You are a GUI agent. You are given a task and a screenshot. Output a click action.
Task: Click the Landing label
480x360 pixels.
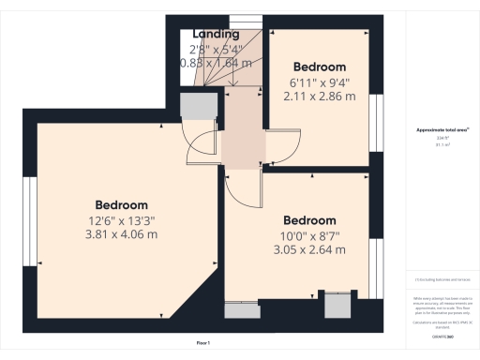(216, 35)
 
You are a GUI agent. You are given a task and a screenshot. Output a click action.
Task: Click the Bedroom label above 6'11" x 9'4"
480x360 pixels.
(320, 67)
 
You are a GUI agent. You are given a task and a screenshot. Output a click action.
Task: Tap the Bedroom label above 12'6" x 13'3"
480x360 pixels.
(121, 205)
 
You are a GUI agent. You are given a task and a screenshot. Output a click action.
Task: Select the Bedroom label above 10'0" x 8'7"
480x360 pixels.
(309, 221)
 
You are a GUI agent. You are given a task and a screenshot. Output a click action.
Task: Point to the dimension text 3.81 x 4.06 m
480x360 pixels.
(121, 233)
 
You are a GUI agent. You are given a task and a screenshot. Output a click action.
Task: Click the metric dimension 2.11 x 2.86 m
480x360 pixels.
(320, 96)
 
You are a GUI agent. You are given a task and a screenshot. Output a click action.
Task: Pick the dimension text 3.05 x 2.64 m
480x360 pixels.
(309, 249)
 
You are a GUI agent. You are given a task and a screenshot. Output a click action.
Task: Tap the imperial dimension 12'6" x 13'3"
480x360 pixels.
(121, 220)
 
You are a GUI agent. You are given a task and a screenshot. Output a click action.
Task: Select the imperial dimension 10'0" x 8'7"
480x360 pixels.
(309, 235)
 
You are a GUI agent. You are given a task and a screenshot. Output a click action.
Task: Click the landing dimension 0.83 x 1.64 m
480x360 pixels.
(216, 63)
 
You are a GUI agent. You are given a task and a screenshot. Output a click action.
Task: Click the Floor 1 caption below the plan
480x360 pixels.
(202, 345)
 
